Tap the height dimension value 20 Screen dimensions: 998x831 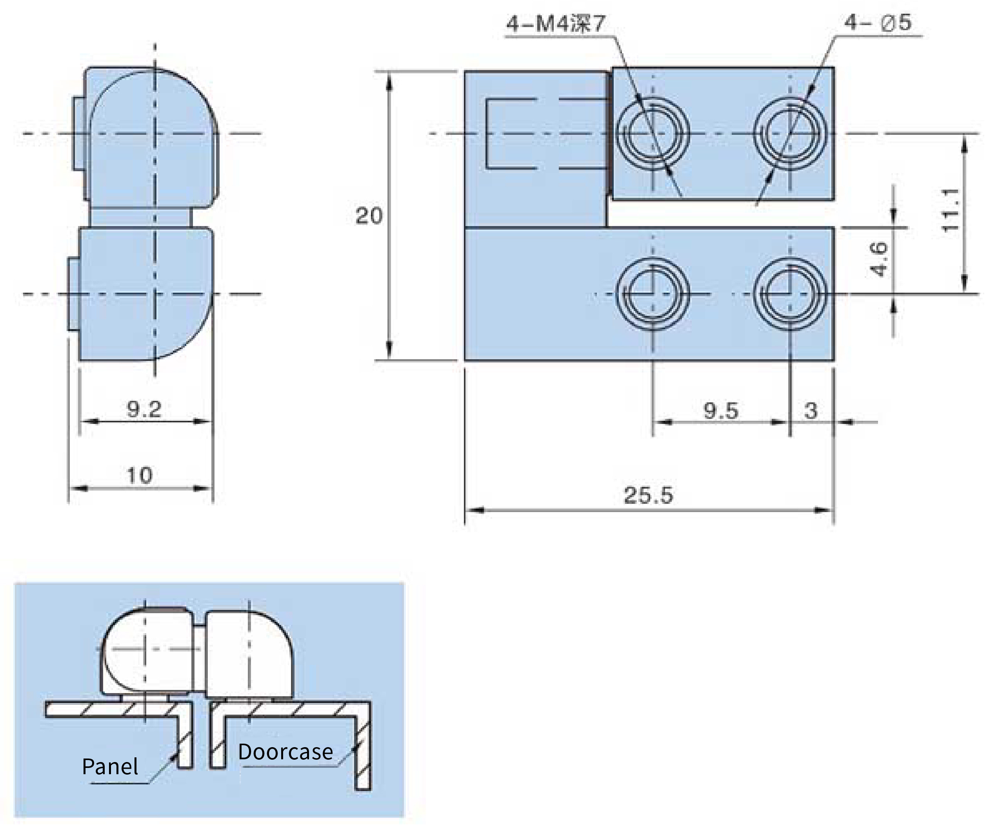pos(369,216)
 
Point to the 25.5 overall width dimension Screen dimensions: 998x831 pos(648,495)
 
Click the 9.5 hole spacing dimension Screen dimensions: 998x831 pos(720,411)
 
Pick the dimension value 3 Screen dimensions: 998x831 pos(811,411)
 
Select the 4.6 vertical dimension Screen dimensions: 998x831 pos(879,259)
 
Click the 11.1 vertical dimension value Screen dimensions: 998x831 pos(950,210)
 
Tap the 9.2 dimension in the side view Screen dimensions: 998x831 pos(144,409)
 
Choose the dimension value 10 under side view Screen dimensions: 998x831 pos(139,476)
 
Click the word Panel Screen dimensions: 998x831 pos(110,766)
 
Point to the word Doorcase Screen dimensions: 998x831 pos(285,752)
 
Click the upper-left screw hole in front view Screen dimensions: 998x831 pos(653,134)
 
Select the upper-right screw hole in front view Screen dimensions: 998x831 pos(790,134)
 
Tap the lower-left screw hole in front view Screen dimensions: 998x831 pos(653,294)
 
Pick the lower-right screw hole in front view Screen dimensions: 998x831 pos(790,294)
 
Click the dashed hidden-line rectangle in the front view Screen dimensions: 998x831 pos(487,134)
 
